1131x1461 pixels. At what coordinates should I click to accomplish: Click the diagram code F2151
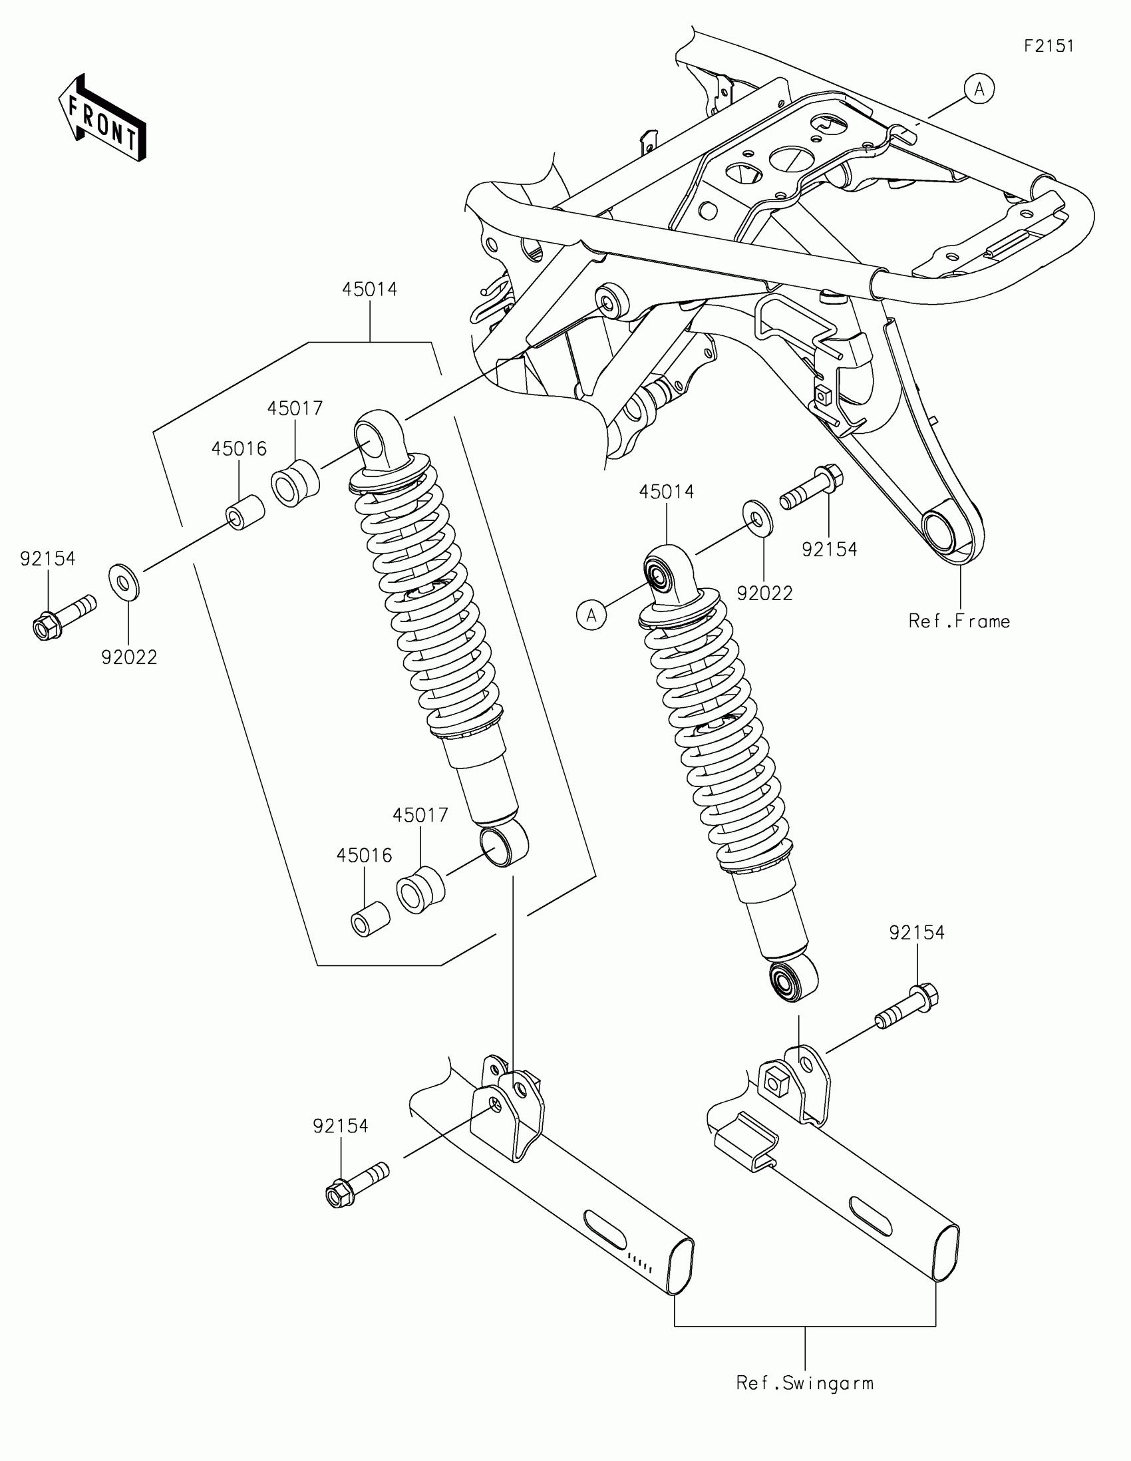tap(1049, 46)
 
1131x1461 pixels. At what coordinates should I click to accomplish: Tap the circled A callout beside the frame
tap(979, 89)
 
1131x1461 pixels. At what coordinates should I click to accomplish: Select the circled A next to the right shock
tap(591, 614)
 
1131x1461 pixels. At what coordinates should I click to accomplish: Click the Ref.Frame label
tap(959, 621)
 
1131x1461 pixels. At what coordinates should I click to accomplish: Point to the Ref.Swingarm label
tap(804, 1382)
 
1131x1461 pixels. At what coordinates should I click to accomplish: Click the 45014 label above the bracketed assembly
tap(370, 289)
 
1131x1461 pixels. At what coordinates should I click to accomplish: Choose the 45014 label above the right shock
tap(666, 492)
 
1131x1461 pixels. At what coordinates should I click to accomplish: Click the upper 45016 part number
tap(239, 448)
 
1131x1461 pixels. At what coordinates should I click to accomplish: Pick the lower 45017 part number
tap(420, 815)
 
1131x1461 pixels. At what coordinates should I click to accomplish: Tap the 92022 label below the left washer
tap(129, 657)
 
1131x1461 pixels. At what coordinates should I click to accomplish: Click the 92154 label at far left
tap(47, 559)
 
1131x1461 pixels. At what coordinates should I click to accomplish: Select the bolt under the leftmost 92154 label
tap(64, 615)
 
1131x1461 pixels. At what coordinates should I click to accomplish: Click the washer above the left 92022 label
tap(124, 582)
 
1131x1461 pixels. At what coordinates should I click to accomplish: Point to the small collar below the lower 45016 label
tap(370, 920)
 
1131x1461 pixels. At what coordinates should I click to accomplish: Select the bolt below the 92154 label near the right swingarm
tap(905, 1012)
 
